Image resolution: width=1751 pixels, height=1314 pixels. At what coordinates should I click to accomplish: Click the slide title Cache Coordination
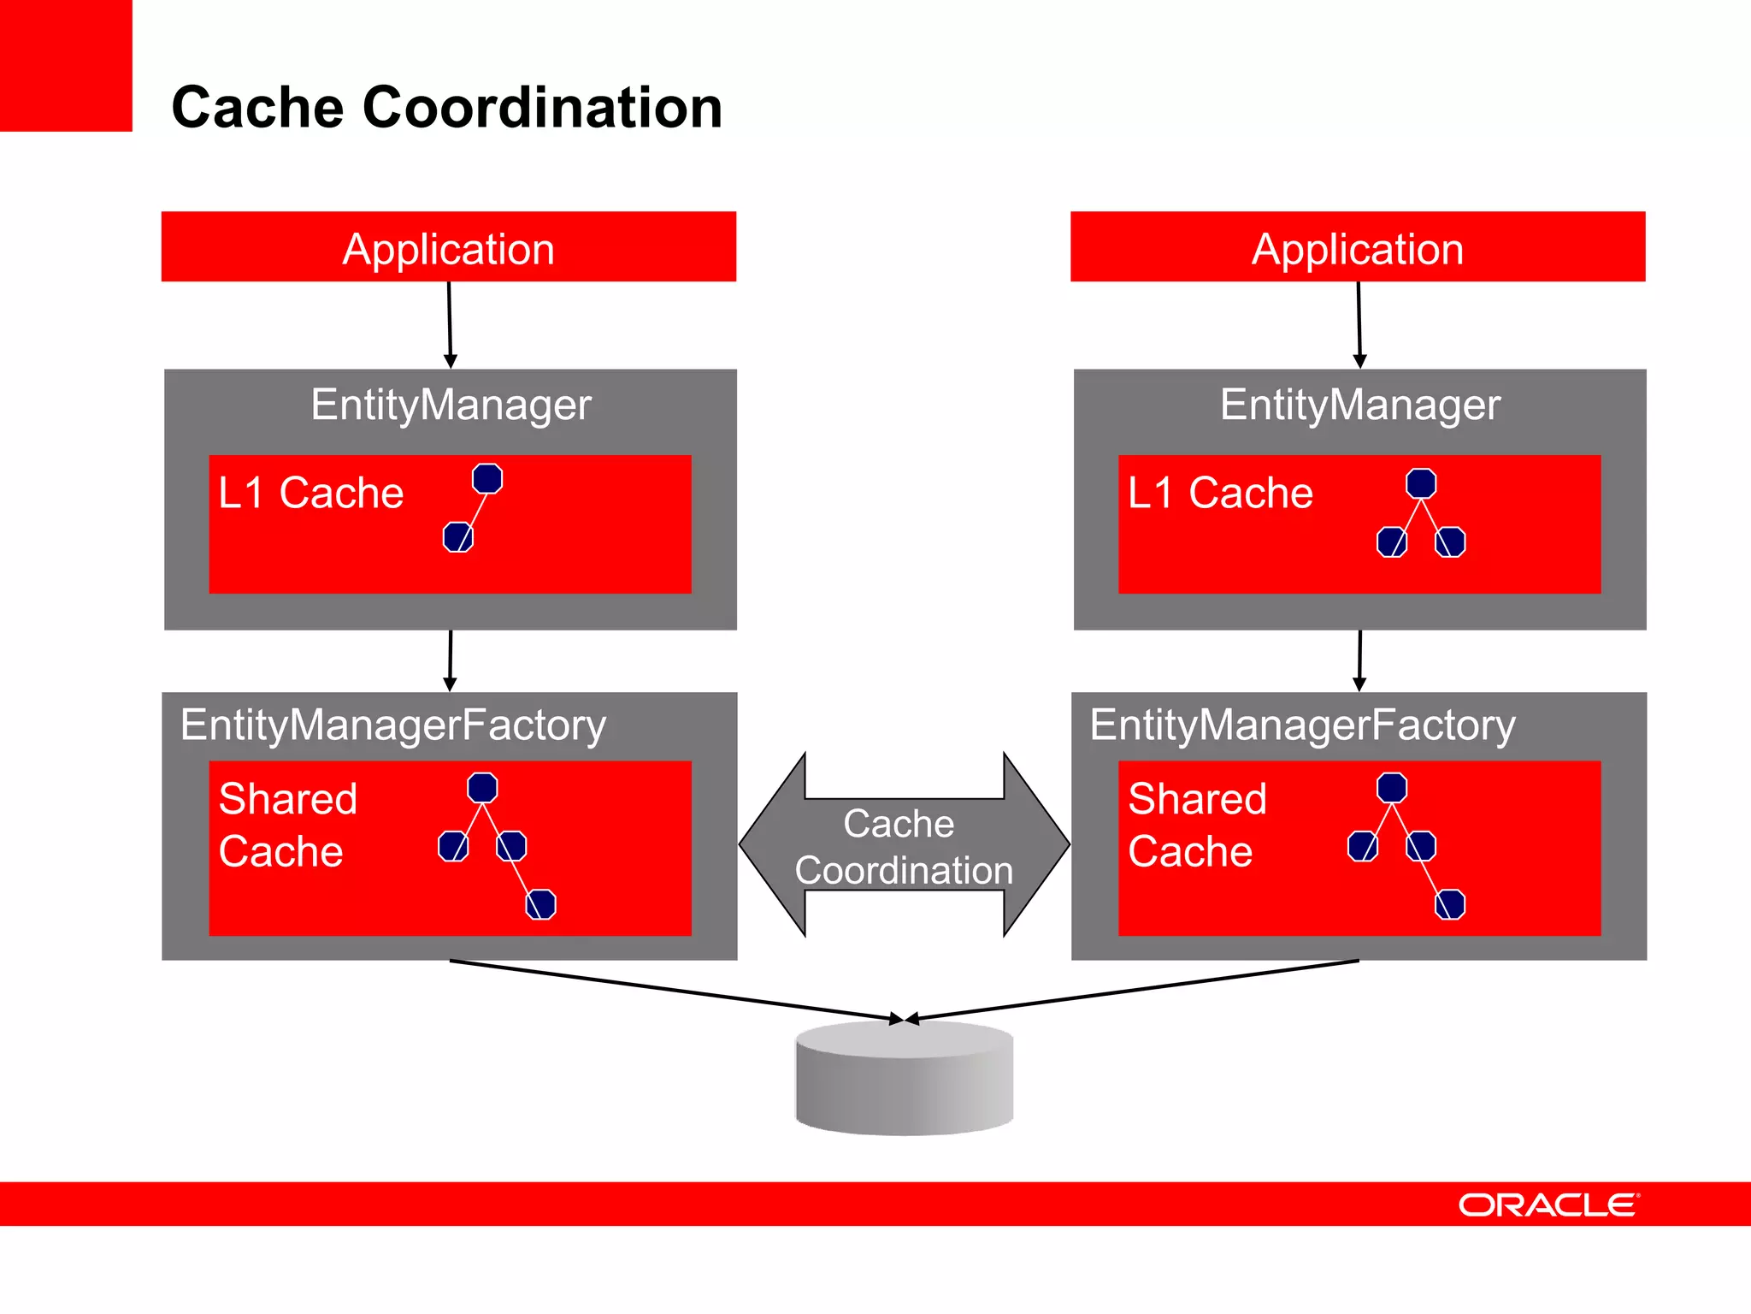[x=446, y=108]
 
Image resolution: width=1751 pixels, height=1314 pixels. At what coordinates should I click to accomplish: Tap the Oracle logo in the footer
[x=1548, y=1204]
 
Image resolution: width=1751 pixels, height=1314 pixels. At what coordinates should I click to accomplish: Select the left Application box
[x=448, y=247]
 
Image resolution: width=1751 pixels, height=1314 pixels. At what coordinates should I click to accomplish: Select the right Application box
[x=1357, y=247]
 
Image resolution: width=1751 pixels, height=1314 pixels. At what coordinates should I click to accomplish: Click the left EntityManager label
[x=451, y=405]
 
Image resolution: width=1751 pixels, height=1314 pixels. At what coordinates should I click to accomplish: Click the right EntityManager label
[x=1359, y=405]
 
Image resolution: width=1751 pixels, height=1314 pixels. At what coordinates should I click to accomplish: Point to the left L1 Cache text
[x=310, y=494]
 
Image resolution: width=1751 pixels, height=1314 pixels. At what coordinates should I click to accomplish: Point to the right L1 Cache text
[x=1220, y=494]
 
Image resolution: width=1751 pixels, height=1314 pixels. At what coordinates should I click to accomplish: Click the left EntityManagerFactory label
[x=392, y=725]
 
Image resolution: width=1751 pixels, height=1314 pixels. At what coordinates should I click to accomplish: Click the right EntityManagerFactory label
[x=1302, y=725]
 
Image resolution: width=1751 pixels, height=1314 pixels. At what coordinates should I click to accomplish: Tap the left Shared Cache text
[x=287, y=825]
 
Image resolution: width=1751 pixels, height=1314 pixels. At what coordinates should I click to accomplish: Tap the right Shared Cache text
[x=1196, y=825]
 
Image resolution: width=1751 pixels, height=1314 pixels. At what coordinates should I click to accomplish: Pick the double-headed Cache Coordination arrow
[x=904, y=845]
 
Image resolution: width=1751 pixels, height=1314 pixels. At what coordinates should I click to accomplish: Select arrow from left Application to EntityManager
[x=450, y=325]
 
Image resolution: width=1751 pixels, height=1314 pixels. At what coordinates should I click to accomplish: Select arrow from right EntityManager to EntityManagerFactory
[x=1359, y=660]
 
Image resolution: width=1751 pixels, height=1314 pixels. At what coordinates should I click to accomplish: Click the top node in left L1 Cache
[x=487, y=478]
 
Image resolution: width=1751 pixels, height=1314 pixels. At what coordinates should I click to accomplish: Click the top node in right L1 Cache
[x=1420, y=483]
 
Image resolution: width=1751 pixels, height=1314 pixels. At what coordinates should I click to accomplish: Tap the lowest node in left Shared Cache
[x=540, y=904]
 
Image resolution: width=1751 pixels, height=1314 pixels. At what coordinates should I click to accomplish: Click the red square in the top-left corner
[x=66, y=65]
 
